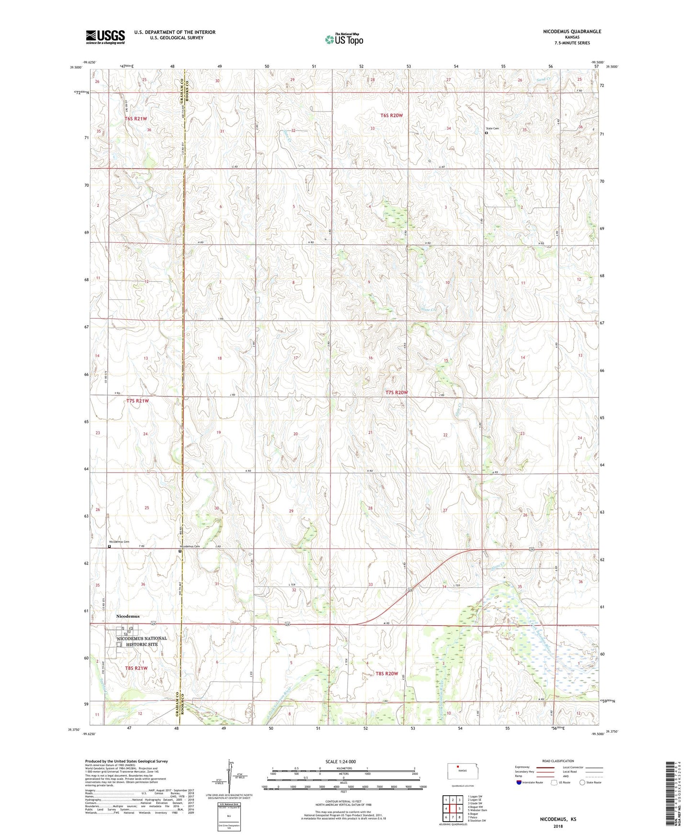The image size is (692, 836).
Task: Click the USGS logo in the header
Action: (x=105, y=37)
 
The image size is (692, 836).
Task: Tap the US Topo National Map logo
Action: (x=344, y=39)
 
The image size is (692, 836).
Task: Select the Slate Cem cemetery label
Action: (x=494, y=128)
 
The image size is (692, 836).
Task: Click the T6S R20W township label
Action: (x=392, y=115)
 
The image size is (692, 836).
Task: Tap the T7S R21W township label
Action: (x=137, y=401)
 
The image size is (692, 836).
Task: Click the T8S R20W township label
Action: (x=386, y=673)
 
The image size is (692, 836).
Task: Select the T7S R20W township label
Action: (x=397, y=393)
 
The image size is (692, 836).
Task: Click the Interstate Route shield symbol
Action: (x=519, y=782)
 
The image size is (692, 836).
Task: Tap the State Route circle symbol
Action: (x=582, y=782)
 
